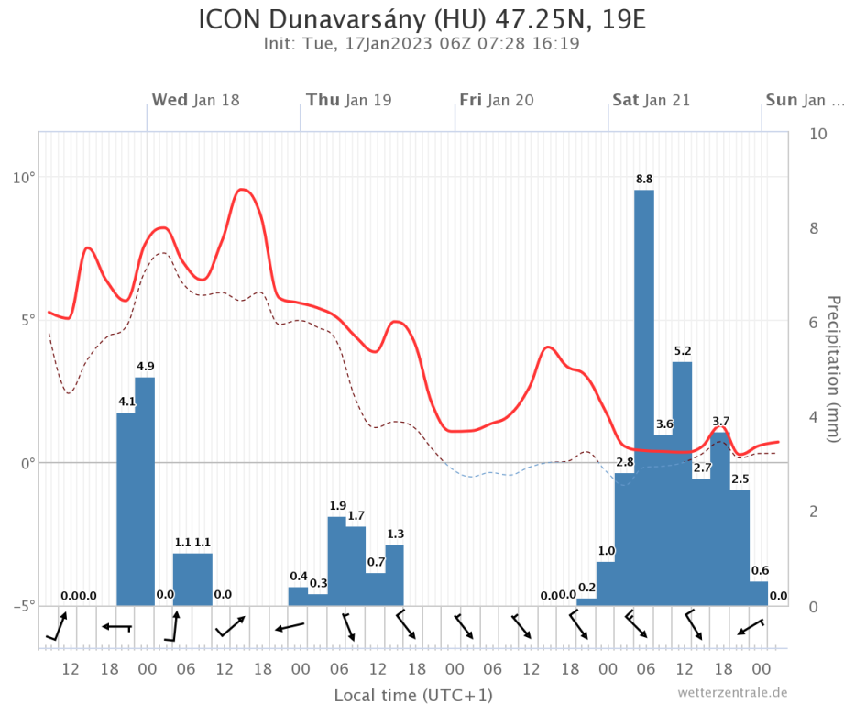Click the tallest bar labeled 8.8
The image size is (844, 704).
pyautogui.click(x=643, y=394)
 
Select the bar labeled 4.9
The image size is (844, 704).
pyautogui.click(x=145, y=490)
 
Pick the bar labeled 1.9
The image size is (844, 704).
pyautogui.click(x=337, y=560)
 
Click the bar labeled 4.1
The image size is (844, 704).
pyautogui.click(x=126, y=509)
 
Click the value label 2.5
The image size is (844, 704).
pyautogui.click(x=740, y=478)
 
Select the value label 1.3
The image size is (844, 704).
pyautogui.click(x=395, y=533)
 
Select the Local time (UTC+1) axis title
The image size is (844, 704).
pyautogui.click(x=413, y=694)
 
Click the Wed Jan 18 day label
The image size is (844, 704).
pyautogui.click(x=195, y=100)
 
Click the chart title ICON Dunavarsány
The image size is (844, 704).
pyautogui.click(x=422, y=19)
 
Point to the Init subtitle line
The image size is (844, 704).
pyautogui.click(x=422, y=43)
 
